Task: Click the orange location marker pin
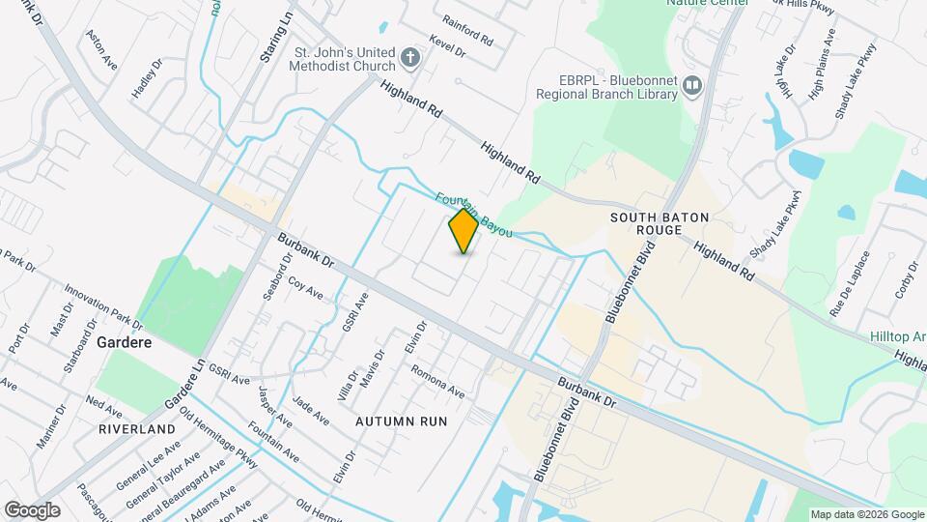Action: (463, 231)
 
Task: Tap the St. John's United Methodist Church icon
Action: (410, 59)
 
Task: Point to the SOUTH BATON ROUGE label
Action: (646, 224)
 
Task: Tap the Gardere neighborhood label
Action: (122, 342)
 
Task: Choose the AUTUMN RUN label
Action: (401, 421)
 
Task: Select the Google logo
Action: (32, 510)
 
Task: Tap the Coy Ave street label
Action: (306, 287)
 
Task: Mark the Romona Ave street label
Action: (437, 382)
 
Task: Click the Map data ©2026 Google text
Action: (866, 514)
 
